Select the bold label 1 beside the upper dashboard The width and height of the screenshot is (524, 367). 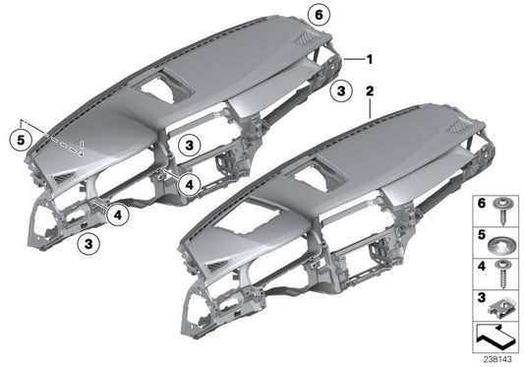tap(369, 58)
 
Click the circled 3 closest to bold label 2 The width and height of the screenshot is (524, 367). tap(339, 92)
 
